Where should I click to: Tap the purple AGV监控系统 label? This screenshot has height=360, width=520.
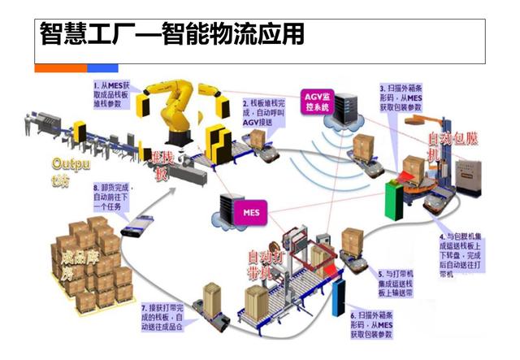(x=315, y=100)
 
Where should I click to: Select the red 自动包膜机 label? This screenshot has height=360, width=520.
(x=448, y=147)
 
